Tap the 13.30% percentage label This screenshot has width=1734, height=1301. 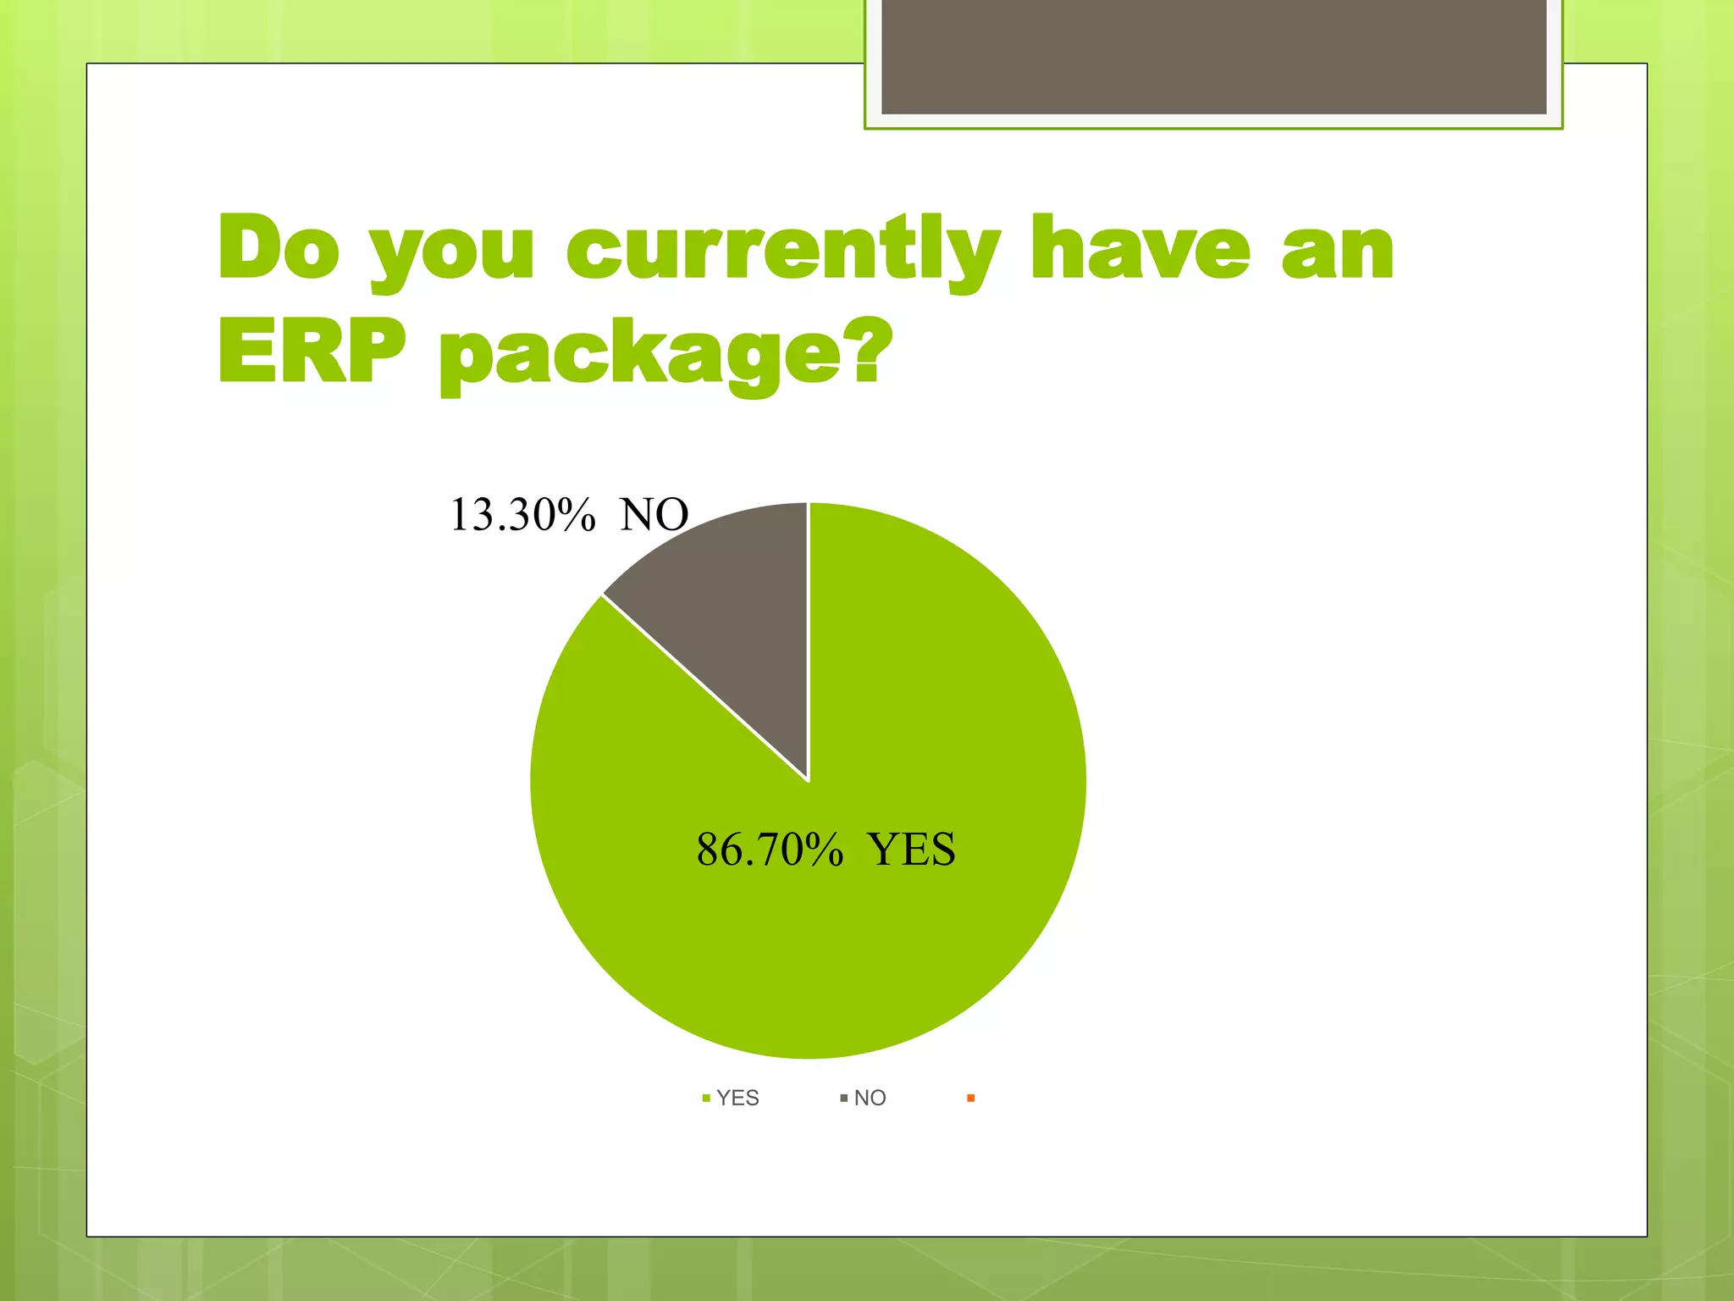click(522, 515)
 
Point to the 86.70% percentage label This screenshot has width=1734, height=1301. click(770, 850)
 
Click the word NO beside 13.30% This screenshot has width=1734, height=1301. click(654, 515)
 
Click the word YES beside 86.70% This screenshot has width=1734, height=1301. click(912, 850)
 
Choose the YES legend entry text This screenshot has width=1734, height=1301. click(737, 1098)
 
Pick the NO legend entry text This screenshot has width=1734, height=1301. click(870, 1098)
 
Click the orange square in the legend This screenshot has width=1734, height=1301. click(970, 1099)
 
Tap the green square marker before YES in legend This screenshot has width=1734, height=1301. click(706, 1099)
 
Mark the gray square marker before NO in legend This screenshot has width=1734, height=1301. click(843, 1099)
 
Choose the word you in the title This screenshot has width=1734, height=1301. click(453, 254)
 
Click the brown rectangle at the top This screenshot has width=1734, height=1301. click(1213, 56)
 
